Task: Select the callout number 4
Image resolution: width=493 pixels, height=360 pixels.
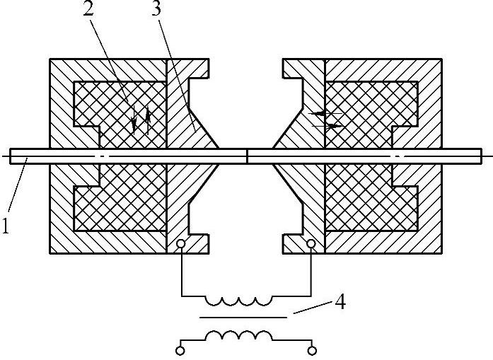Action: click(340, 302)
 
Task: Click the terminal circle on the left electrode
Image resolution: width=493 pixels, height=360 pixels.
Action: click(182, 245)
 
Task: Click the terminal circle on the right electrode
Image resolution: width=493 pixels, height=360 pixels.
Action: click(311, 245)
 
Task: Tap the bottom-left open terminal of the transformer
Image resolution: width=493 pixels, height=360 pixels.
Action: click(181, 349)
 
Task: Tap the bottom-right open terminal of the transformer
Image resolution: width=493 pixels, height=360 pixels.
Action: click(311, 349)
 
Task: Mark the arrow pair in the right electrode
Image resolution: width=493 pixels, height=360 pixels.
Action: click(326, 120)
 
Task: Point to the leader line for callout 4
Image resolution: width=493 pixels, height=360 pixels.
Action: click(311, 309)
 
